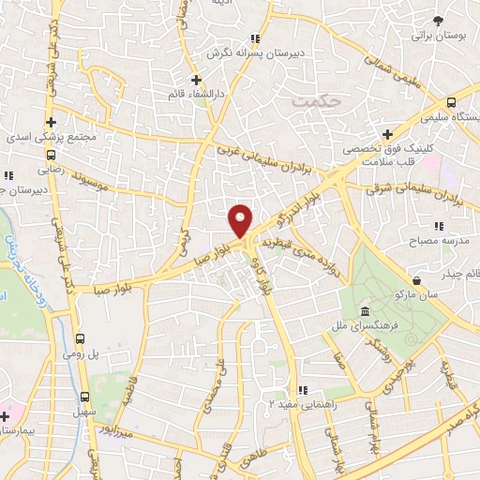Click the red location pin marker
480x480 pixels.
tap(241, 220)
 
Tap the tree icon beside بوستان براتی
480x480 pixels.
tap(439, 21)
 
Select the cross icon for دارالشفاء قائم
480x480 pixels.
tap(196, 80)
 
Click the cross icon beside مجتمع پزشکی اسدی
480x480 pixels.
tap(52, 122)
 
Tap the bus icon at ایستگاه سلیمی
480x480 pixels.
tap(451, 103)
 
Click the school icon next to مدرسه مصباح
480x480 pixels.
tap(438, 226)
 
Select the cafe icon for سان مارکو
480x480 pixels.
tap(416, 280)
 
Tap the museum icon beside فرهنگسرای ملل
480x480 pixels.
tap(365, 312)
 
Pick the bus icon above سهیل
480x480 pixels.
tap(86, 397)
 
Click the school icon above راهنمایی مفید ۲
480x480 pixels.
tap(301, 389)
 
